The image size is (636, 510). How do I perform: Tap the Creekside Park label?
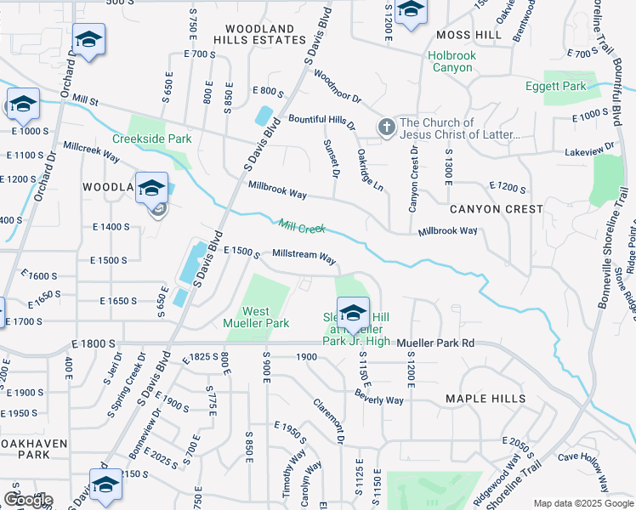click(152, 139)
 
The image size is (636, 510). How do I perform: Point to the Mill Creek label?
click(302, 226)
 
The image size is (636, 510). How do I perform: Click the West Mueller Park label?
click(256, 317)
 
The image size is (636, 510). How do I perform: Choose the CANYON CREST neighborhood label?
click(496, 209)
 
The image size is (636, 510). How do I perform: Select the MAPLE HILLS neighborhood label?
click(486, 399)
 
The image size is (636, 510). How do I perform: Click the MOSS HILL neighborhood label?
click(468, 35)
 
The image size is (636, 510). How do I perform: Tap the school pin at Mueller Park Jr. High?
click(354, 311)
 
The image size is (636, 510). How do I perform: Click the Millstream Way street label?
click(304, 255)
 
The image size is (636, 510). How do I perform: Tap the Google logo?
click(27, 500)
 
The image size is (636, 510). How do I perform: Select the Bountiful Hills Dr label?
click(321, 120)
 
